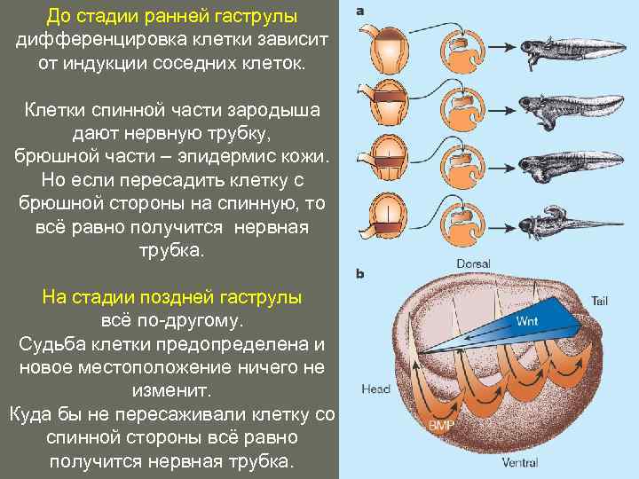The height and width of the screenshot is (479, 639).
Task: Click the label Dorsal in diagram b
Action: click(x=472, y=264)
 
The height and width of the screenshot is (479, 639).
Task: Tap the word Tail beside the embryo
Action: click(x=599, y=302)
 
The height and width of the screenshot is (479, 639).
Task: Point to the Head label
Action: click(x=375, y=389)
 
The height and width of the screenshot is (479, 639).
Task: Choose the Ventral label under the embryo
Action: click(x=519, y=462)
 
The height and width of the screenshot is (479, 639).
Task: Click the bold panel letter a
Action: click(x=359, y=11)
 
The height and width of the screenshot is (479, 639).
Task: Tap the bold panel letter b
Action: click(x=359, y=274)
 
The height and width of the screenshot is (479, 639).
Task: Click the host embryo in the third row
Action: click(x=460, y=163)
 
